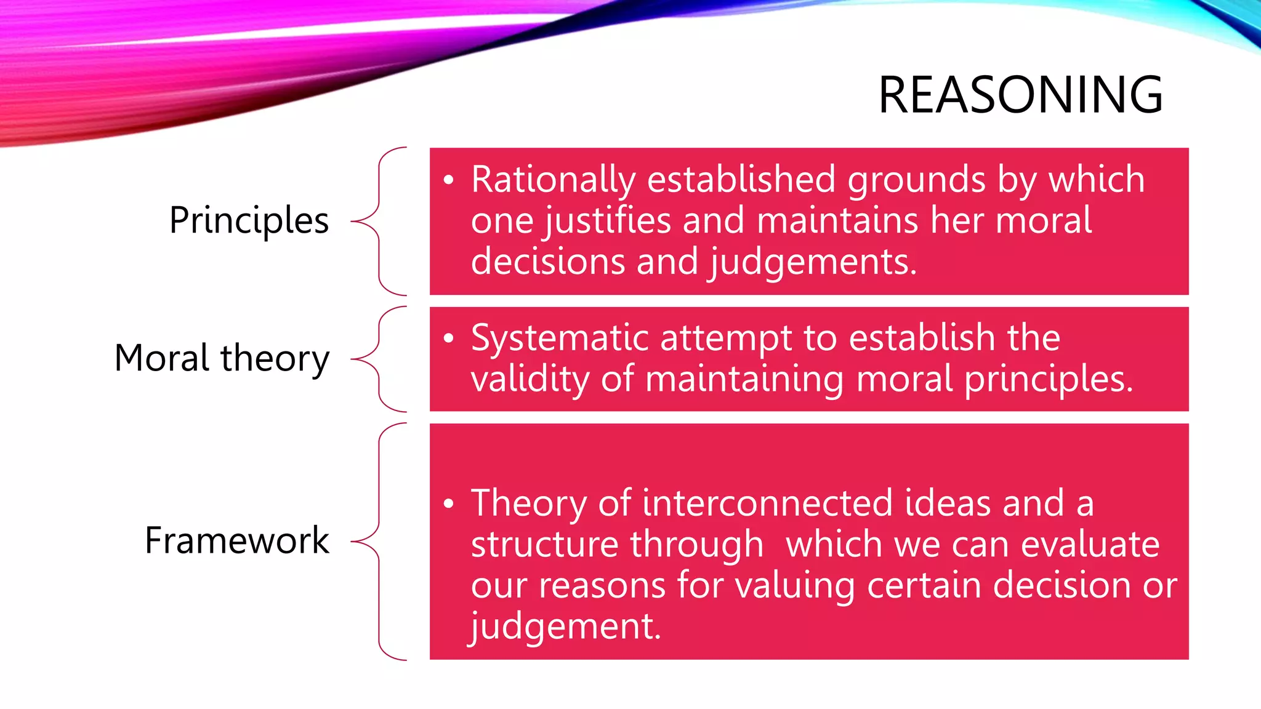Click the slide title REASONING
coord(1020,95)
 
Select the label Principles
coord(249,220)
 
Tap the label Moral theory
coord(222,358)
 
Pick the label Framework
coord(237,540)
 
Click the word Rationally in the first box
coord(553,180)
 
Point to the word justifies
coord(607,221)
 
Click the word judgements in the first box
coord(813,262)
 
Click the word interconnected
coord(767,503)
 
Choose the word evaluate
coord(1090,544)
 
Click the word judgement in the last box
coord(565,627)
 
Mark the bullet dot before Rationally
coord(448,180)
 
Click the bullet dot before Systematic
coord(448,338)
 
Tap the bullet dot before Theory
coord(448,504)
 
